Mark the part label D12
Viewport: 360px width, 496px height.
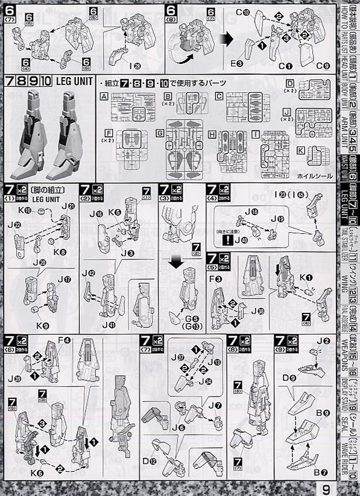coord(148,462)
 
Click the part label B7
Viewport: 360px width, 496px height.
coord(323,473)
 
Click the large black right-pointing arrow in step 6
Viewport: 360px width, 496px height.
coord(229,40)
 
